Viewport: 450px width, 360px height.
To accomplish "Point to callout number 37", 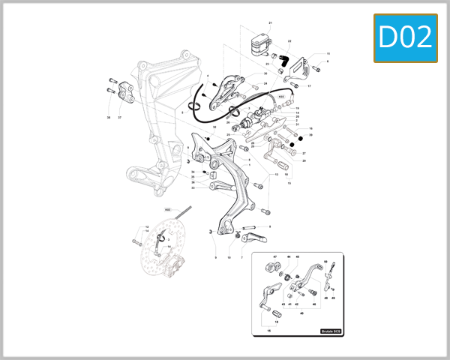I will pos(119,118).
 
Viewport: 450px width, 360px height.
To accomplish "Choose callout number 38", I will pos(109,118).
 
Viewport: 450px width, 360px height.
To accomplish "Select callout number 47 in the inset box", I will pos(275,257).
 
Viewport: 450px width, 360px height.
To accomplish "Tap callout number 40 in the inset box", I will pos(301,313).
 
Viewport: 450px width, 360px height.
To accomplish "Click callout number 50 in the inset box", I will pos(325,262).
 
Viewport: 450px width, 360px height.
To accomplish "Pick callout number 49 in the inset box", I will pos(334,298).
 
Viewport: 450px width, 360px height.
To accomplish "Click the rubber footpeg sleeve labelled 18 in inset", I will pos(278,311).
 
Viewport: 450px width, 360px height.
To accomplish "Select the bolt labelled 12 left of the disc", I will pos(137,241).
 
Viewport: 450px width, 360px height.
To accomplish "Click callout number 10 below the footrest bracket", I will pos(229,257).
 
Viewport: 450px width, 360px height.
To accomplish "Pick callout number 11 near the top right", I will pos(328,54).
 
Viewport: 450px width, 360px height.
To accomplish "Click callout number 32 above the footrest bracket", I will pos(214,127).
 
